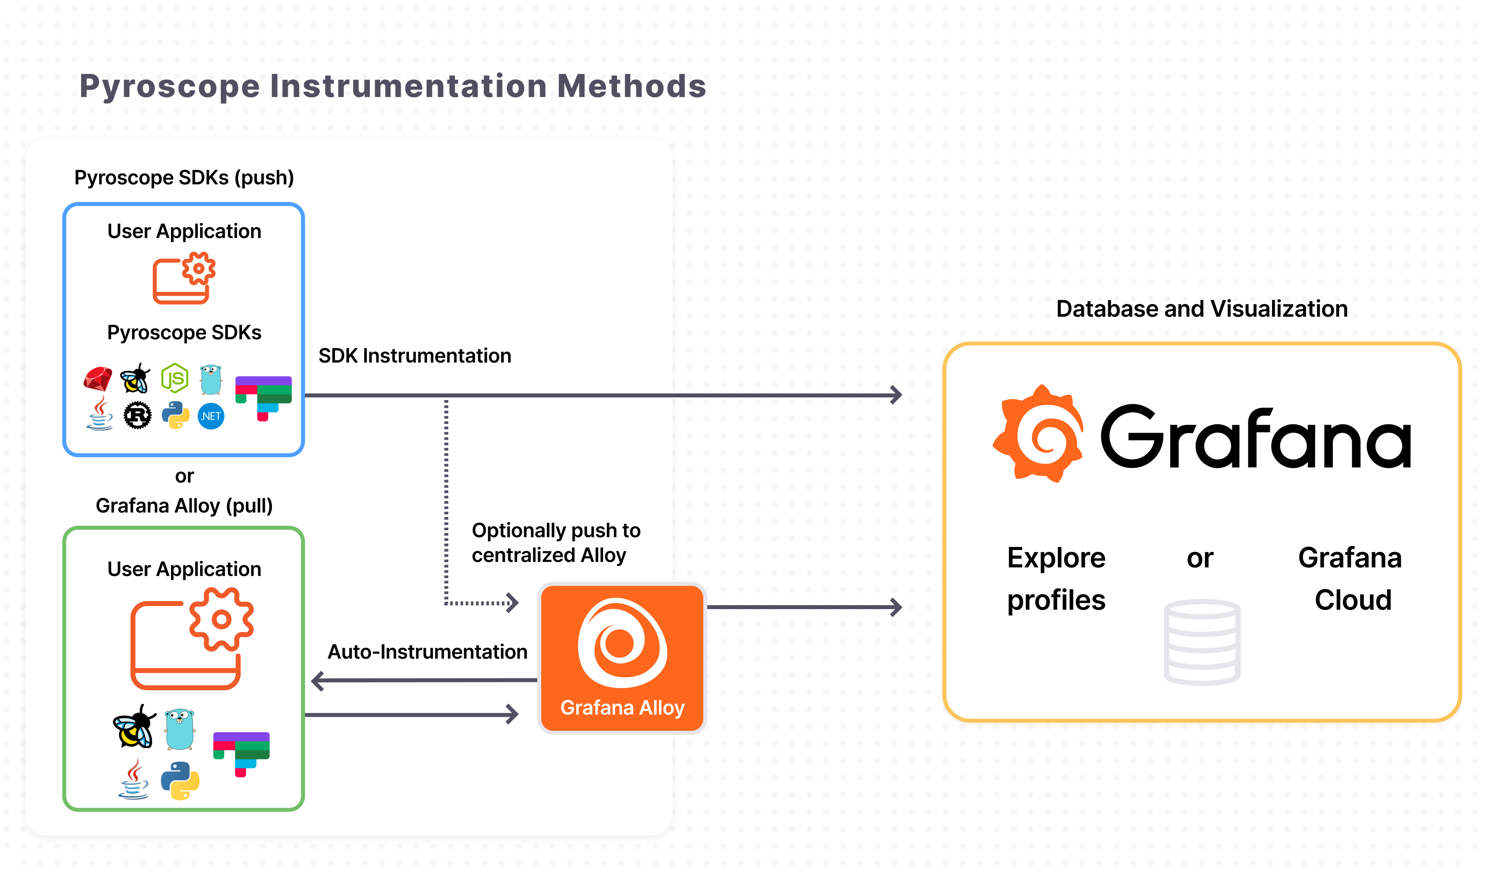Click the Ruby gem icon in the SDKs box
coord(98,379)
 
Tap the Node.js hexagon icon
coord(175,378)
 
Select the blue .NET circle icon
coord(211,416)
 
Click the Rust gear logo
coord(137,415)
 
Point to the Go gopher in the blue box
coord(211,379)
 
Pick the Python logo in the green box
coord(180,780)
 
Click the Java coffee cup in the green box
coord(134,779)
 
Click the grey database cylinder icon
coord(1202,642)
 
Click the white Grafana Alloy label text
coord(622,707)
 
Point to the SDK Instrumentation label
coord(414,356)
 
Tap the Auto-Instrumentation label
coord(428,651)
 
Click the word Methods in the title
coord(631,86)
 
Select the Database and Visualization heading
coord(1202,309)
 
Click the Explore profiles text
coord(1056,578)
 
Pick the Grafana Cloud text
coord(1350,578)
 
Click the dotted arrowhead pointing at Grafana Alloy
coord(513,603)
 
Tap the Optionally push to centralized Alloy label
coord(556,543)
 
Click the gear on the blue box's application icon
coord(199,269)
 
